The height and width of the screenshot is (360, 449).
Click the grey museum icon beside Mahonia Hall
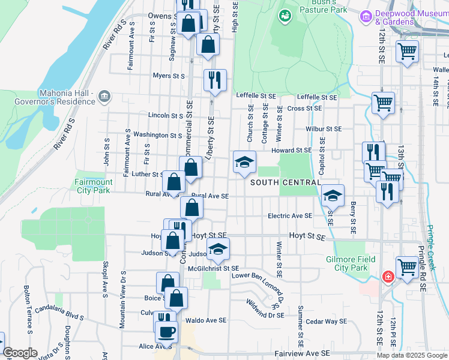pos(104,97)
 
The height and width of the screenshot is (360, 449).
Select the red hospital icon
pos(388,277)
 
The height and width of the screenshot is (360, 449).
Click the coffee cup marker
pos(166,331)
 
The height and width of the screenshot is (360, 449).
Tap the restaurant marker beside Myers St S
pos(214,79)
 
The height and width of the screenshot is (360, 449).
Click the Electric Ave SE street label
pos(290,216)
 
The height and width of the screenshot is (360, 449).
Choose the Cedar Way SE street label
pos(327,322)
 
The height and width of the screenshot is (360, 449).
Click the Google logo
pos(20,353)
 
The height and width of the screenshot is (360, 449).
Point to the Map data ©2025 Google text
pos(412,355)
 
